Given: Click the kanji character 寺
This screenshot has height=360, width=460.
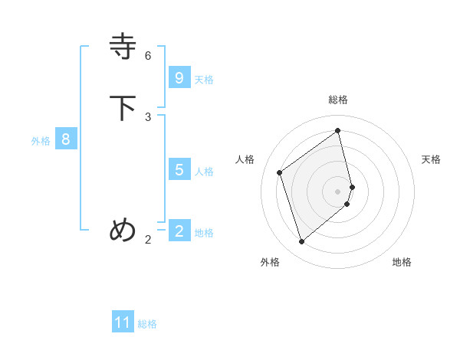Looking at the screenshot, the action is (x=123, y=47).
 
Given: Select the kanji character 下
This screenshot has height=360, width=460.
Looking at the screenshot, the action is (x=123, y=108).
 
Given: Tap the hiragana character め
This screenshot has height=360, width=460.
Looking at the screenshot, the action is (x=123, y=230).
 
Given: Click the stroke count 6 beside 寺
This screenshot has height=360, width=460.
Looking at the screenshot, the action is (x=148, y=55).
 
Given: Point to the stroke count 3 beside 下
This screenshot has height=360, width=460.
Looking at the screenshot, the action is (x=148, y=116).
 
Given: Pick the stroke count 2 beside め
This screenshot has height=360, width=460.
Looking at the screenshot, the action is (x=148, y=239).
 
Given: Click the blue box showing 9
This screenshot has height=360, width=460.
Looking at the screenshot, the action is (x=179, y=77).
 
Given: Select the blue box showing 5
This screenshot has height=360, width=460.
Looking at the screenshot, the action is (x=179, y=169).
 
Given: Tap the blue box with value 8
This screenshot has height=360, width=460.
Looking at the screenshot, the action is (x=66, y=139).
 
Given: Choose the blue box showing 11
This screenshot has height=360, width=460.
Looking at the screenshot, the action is (x=123, y=322).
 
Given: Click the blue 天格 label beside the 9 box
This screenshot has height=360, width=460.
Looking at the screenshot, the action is (x=204, y=79).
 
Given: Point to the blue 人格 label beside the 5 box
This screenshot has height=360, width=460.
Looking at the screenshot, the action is (x=204, y=171).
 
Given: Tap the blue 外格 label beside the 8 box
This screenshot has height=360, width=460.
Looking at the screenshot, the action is (x=41, y=141).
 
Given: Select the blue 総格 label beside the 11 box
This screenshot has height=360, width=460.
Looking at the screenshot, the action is (x=147, y=324).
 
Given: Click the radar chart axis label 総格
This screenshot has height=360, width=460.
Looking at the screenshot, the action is (x=338, y=100).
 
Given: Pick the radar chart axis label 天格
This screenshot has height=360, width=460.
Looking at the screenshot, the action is (x=431, y=159).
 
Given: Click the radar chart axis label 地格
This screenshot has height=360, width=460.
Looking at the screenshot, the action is (x=402, y=262).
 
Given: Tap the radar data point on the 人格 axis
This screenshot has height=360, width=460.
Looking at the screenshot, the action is (x=280, y=172).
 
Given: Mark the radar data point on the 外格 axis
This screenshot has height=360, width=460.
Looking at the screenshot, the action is (x=301, y=242).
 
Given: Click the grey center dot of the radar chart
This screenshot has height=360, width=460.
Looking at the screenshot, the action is (x=338, y=191).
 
